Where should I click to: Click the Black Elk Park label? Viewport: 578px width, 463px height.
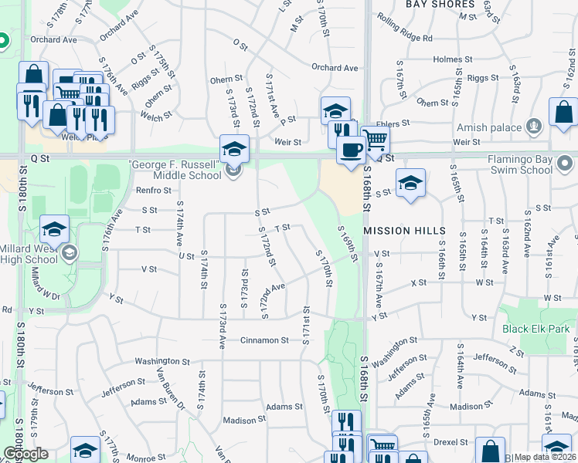pos(536,329)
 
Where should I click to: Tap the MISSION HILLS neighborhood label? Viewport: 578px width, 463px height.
pos(404,231)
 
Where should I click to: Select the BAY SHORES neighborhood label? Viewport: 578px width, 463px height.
pos(439,4)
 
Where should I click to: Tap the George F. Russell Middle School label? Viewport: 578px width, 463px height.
pos(177,170)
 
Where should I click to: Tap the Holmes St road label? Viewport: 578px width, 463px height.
pos(447,59)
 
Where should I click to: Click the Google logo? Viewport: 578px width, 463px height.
pos(25,454)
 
